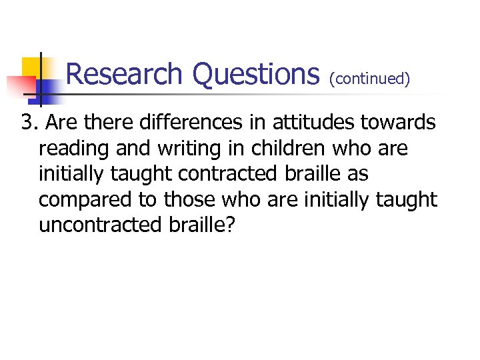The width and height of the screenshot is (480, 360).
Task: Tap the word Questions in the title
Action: [256, 74]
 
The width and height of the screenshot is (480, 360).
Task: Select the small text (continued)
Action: [369, 79]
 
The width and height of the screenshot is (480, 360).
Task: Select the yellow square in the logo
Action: [32, 67]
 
